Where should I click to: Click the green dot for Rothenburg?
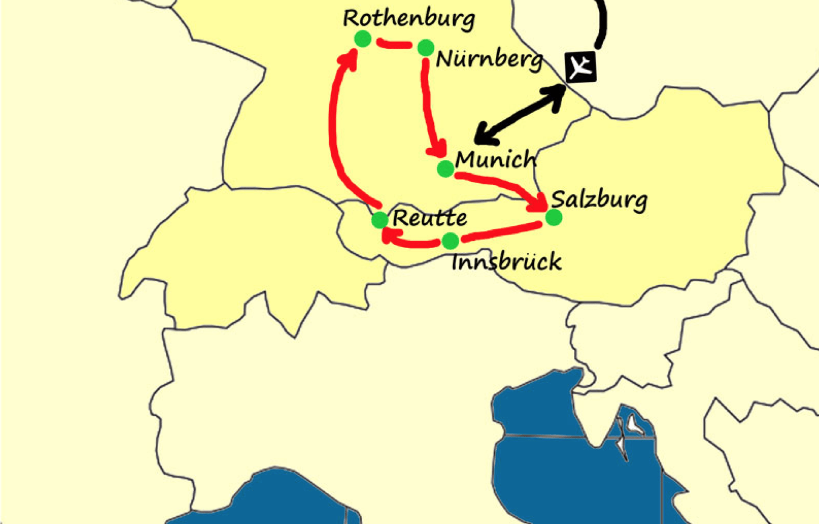(363, 39)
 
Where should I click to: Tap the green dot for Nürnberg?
(426, 47)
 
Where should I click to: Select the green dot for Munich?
(446, 169)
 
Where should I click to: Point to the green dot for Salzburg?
(553, 217)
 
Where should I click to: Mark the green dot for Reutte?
(380, 220)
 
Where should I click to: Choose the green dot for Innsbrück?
(450, 241)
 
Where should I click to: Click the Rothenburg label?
(409, 18)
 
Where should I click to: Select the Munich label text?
(496, 160)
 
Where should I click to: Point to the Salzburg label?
(599, 200)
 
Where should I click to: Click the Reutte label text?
(430, 218)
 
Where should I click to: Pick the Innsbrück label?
(507, 262)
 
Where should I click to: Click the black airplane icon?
(581, 67)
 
